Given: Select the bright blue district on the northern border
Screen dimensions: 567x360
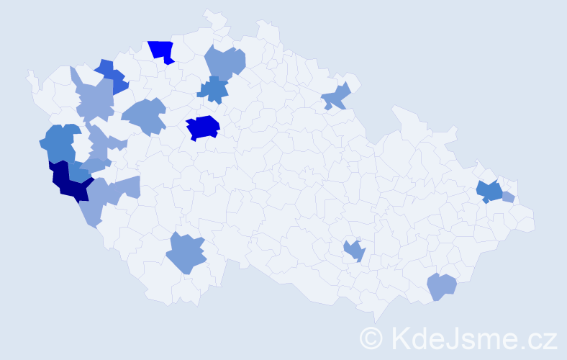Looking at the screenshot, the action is click(x=163, y=51).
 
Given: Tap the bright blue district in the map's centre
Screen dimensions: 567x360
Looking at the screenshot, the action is click(x=203, y=127).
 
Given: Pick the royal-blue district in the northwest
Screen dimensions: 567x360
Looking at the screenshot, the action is click(x=112, y=76).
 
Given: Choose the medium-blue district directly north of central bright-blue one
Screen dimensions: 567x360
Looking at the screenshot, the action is click(x=214, y=89).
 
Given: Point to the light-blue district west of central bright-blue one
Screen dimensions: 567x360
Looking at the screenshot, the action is click(x=146, y=116).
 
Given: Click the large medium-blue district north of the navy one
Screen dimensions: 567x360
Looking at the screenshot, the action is click(x=58, y=143).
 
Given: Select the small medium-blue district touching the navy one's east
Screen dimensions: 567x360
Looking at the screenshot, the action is click(x=79, y=173).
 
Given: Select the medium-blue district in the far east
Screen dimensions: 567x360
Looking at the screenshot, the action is click(x=491, y=192).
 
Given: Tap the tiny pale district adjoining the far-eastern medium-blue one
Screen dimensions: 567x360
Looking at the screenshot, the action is click(x=508, y=197).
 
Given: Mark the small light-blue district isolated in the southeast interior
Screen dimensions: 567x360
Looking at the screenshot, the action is click(x=354, y=251).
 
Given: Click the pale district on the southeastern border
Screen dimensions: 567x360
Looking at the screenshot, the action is click(x=441, y=287).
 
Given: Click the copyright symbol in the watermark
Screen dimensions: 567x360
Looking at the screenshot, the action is click(x=372, y=337).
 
